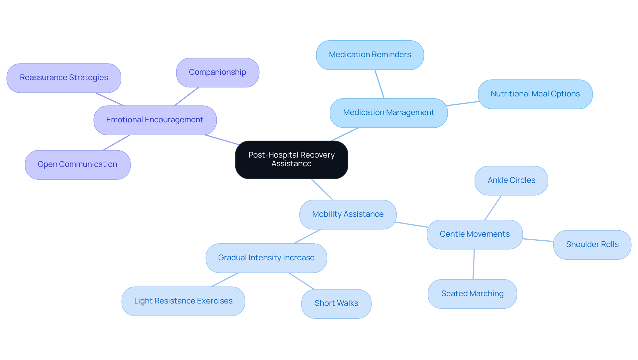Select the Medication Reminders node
pyautogui.click(x=370, y=55)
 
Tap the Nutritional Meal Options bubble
pyautogui.click(x=535, y=94)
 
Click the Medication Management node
pyautogui.click(x=388, y=113)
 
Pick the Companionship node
pyautogui.click(x=217, y=72)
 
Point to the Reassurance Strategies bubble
pyautogui.click(x=64, y=78)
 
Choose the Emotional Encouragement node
pyautogui.click(x=155, y=120)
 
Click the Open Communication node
pyautogui.click(x=77, y=165)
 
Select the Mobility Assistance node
pyautogui.click(x=348, y=214)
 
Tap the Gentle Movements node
pyautogui.click(x=475, y=234)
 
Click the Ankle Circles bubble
pyautogui.click(x=511, y=180)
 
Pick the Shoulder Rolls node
pyautogui.click(x=592, y=245)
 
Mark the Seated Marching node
pyautogui.click(x=472, y=294)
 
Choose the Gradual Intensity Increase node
pyautogui.click(x=266, y=258)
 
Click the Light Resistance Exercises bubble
pyautogui.click(x=183, y=301)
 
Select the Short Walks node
pyautogui.click(x=336, y=303)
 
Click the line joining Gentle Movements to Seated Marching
pyautogui.click(x=474, y=264)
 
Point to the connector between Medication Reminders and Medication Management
pyautogui.click(x=379, y=84)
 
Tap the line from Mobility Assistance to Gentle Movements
pyautogui.click(x=412, y=225)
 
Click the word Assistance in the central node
pyautogui.click(x=291, y=164)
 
